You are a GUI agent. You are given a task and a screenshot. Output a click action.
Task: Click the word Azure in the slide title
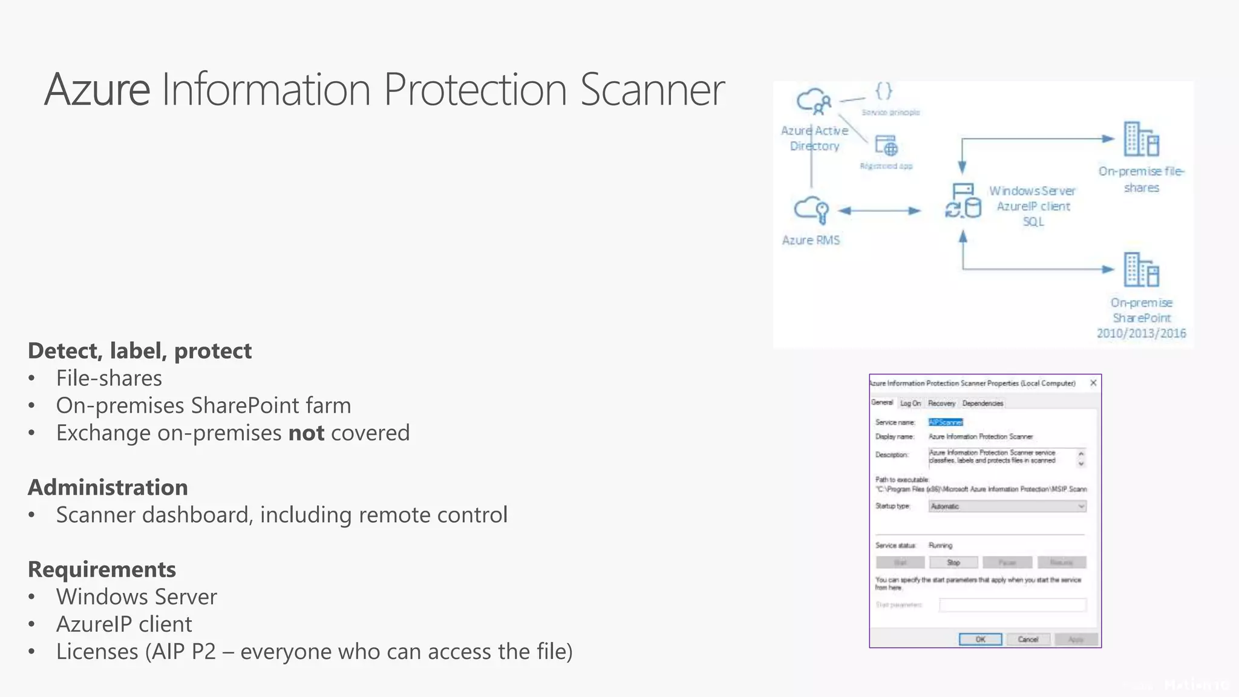pyautogui.click(x=97, y=90)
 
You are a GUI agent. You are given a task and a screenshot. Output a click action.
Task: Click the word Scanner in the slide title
pyautogui.click(x=652, y=90)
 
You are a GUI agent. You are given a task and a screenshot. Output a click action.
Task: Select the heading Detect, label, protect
pyautogui.click(x=140, y=351)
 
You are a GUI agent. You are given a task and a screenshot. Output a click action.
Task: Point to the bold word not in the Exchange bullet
pyautogui.click(x=306, y=433)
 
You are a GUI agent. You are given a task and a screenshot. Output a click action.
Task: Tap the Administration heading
pyautogui.click(x=108, y=488)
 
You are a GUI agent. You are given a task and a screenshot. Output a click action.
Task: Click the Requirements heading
pyautogui.click(x=102, y=569)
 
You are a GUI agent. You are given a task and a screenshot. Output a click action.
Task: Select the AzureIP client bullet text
pyautogui.click(x=124, y=624)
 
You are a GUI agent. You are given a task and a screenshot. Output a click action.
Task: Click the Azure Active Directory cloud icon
pyautogui.click(x=814, y=102)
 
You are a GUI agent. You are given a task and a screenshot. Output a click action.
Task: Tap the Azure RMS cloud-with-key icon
pyautogui.click(x=811, y=210)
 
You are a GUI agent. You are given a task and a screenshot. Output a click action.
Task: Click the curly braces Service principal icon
pyautogui.click(x=883, y=91)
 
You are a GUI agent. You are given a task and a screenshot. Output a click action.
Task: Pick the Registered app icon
pyautogui.click(x=886, y=146)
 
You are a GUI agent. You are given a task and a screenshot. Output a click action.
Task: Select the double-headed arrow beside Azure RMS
pyautogui.click(x=879, y=211)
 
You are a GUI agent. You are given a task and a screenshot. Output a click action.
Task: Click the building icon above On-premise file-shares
pyautogui.click(x=1141, y=139)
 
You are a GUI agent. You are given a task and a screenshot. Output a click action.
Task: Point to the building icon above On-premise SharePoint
pyautogui.click(x=1141, y=270)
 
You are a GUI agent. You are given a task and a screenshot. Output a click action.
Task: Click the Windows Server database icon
pyautogui.click(x=963, y=201)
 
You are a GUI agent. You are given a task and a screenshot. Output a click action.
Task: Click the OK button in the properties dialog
pyautogui.click(x=980, y=640)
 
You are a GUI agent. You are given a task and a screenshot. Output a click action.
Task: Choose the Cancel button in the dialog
pyautogui.click(x=1028, y=640)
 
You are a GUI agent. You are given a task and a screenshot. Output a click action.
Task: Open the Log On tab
pyautogui.click(x=910, y=403)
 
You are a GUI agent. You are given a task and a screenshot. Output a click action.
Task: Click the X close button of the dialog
pyautogui.click(x=1093, y=383)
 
